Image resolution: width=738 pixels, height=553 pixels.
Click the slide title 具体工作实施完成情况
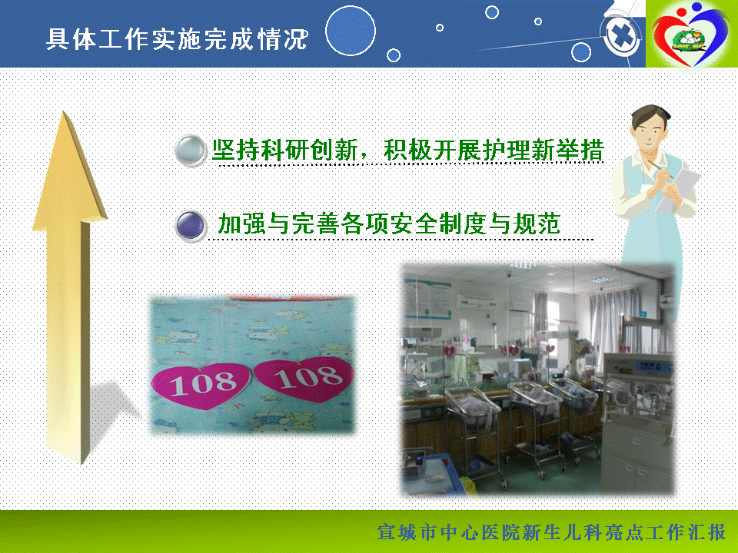point(177,38)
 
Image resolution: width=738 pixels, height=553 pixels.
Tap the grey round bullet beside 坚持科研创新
point(191,151)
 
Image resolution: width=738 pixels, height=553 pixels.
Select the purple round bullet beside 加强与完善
point(191,226)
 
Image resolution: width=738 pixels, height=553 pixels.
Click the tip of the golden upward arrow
point(65,112)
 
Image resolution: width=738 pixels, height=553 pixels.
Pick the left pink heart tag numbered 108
point(201,384)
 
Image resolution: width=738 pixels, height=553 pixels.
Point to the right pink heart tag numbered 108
point(304,379)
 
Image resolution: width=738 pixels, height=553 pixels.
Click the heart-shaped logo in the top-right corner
point(690,34)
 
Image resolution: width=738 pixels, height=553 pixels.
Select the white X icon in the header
point(622,36)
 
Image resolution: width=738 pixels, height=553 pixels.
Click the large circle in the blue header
point(351,31)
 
